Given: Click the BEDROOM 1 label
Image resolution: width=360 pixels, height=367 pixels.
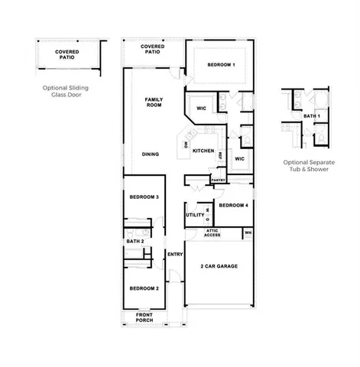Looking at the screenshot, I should (x=220, y=65).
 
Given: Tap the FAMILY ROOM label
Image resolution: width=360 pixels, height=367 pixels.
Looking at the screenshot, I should (x=155, y=102).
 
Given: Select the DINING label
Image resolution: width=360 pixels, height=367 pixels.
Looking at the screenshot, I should (x=151, y=154).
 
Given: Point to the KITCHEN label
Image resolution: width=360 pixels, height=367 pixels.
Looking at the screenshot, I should (x=203, y=151).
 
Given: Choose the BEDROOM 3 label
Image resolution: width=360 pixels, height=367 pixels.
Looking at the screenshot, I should (x=144, y=197).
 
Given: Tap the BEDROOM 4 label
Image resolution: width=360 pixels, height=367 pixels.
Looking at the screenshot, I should (x=232, y=205).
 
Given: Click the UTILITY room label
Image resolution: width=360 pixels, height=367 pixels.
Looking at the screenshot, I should (x=194, y=215).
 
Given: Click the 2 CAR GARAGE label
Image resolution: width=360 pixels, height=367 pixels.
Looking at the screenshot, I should (x=219, y=266).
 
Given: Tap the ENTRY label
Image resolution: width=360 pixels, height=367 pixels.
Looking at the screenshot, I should (x=175, y=255).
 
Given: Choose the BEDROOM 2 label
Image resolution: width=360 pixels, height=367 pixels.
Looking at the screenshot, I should (x=144, y=288).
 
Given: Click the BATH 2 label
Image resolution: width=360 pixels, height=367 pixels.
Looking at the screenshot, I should (x=135, y=242).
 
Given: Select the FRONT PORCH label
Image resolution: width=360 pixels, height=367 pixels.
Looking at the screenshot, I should (x=144, y=317).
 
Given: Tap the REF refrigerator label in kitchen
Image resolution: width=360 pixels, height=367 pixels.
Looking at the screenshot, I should (x=220, y=156).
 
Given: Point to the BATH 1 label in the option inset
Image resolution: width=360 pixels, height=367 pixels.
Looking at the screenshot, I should (x=311, y=115).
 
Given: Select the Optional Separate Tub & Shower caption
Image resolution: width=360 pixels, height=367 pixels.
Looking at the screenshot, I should (x=306, y=166).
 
